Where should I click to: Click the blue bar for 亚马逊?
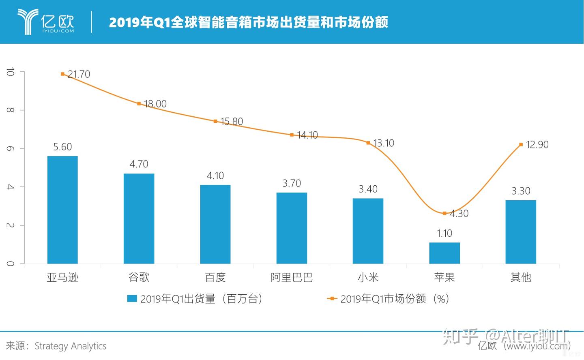62,210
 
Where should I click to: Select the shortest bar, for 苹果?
444,253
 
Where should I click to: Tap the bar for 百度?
215,224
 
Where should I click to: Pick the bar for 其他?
521,231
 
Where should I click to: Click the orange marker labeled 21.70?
62,74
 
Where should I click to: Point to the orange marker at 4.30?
444,213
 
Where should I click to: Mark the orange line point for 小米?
368,143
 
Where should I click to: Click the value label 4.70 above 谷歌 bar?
139,164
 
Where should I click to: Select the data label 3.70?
292,183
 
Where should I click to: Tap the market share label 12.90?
537,145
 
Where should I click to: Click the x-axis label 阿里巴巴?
292,278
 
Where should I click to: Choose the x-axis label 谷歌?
139,278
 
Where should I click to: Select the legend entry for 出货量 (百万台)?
195,299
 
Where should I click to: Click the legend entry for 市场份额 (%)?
389,299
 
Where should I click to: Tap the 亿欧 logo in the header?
46,21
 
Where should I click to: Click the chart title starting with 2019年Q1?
248,22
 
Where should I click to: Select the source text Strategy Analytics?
70,346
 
